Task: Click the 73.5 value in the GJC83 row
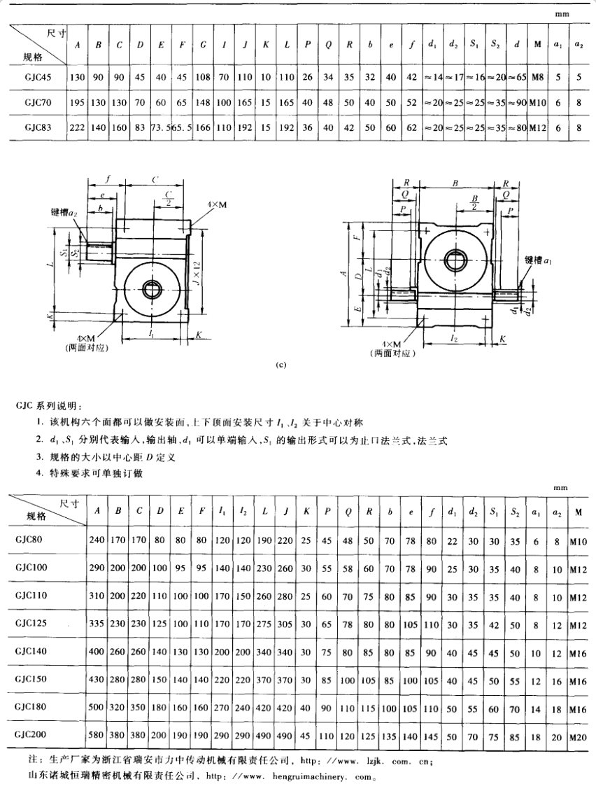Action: (x=162, y=128)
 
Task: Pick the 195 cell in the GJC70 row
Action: (x=77, y=102)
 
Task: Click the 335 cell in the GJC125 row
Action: (x=97, y=622)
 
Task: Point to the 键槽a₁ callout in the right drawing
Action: (x=539, y=260)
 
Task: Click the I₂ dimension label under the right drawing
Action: (x=455, y=337)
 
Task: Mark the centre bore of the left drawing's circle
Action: (x=152, y=287)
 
